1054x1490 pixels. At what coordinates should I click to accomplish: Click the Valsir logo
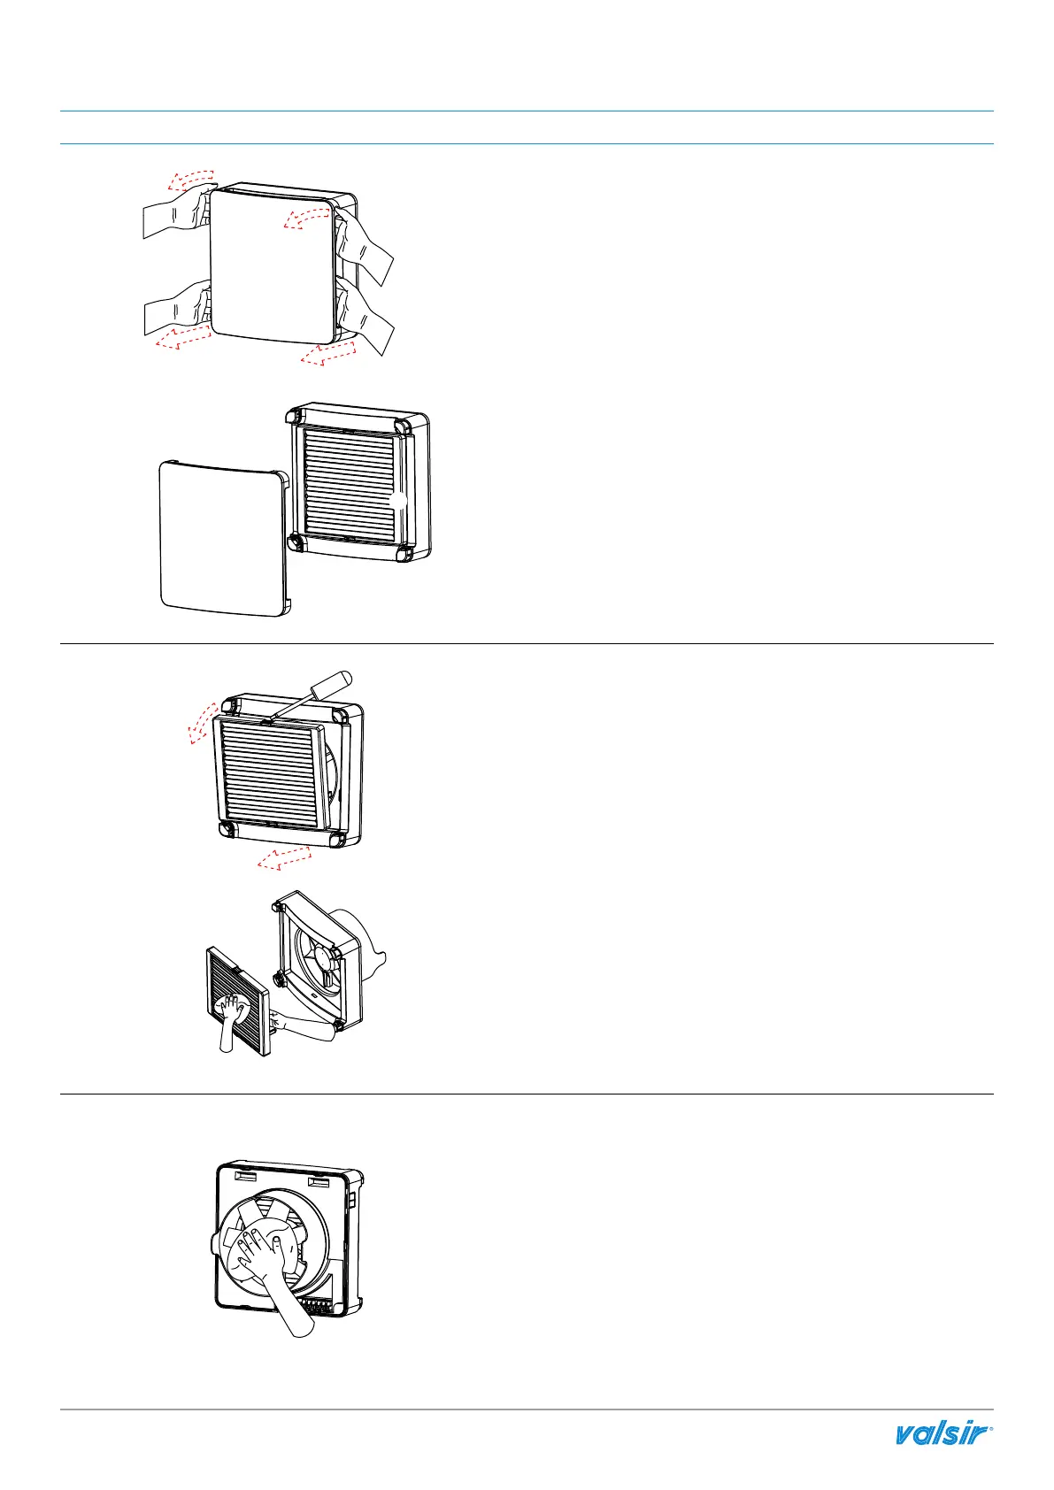pyautogui.click(x=943, y=1433)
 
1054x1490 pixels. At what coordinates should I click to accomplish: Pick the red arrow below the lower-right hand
pyautogui.click(x=328, y=354)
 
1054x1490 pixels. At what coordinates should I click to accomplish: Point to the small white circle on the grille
pyautogui.click(x=398, y=500)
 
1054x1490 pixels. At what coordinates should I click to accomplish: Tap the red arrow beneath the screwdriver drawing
pyautogui.click(x=284, y=856)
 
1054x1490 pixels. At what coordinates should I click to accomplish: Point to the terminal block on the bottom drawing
pyautogui.click(x=321, y=1304)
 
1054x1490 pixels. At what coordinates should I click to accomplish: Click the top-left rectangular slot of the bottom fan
pyautogui.click(x=243, y=1180)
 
